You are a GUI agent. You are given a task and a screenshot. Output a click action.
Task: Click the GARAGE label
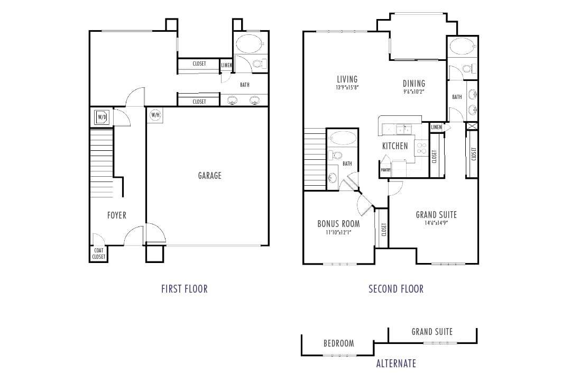209,176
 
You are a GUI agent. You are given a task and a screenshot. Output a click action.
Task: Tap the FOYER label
116,215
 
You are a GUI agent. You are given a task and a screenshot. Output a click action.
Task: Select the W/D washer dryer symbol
102,117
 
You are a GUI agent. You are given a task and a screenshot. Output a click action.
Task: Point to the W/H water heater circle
155,115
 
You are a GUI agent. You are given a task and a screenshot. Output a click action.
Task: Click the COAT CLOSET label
99,254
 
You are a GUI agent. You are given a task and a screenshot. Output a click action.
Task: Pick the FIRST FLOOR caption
184,289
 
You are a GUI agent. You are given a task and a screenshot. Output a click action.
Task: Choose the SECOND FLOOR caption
396,289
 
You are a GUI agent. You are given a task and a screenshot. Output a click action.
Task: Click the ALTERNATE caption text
396,364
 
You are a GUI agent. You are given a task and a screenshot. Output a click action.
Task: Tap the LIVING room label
347,80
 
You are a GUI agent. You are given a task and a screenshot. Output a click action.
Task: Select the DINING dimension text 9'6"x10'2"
414,91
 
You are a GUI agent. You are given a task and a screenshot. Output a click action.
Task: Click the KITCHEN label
395,146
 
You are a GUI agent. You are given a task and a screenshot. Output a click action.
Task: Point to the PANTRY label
385,170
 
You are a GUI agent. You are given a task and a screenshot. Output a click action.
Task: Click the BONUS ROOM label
338,224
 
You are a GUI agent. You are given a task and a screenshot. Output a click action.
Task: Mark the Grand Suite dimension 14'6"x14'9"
436,223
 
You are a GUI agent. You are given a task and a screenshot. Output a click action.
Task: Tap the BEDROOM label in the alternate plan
338,343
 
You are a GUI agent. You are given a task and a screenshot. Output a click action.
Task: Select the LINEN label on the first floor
226,66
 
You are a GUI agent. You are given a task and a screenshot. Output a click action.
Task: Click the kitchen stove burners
422,148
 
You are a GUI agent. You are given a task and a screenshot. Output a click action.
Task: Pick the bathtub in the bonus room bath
342,139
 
